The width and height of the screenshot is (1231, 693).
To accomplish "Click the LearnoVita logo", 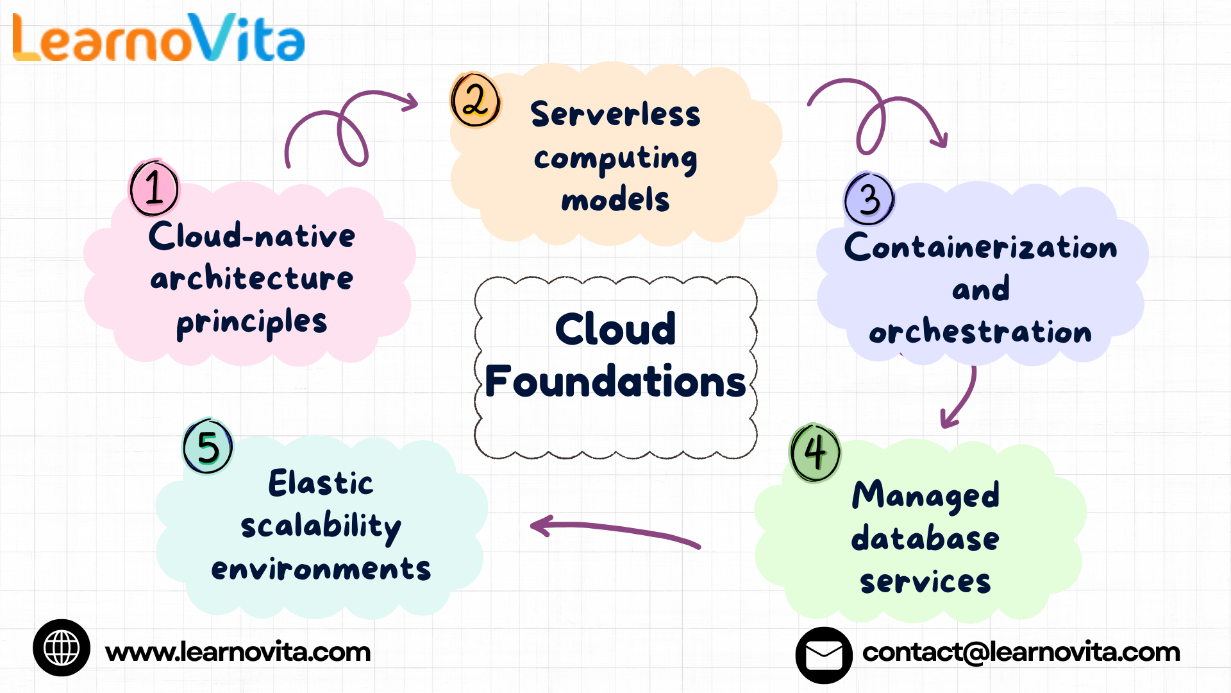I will pos(158,38).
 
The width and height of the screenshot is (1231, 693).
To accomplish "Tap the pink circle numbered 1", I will pos(154,189).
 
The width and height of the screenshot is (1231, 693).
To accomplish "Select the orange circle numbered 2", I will pos(475,100).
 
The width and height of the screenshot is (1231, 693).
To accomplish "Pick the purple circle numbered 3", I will pos(869,199).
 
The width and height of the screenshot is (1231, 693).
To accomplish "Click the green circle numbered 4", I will pos(815,452).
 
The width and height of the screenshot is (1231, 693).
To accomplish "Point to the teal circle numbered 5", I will pos(208,447).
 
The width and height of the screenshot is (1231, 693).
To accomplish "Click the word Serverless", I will pos(615,115).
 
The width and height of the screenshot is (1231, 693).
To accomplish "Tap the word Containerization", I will pos(980,248).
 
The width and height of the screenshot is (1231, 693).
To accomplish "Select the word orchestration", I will pos(980,332).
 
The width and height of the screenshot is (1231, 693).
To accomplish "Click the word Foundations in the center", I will pos(615,381).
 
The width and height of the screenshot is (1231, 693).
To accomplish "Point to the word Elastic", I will pos(321,483).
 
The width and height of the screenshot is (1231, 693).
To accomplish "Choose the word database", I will pos(925,538).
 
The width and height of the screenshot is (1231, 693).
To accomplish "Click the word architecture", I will pos(251,278).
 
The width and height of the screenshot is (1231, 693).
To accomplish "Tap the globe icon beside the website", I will pos(62,647).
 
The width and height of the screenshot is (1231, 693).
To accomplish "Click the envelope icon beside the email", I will pos(824,655).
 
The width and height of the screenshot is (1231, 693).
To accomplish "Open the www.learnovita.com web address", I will pos(238,652).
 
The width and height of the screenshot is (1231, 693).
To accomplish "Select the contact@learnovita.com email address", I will pos(1021,652).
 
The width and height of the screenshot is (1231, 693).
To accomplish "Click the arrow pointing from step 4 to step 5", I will pos(615,531).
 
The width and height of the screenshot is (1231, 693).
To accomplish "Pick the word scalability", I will pos(321,527).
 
